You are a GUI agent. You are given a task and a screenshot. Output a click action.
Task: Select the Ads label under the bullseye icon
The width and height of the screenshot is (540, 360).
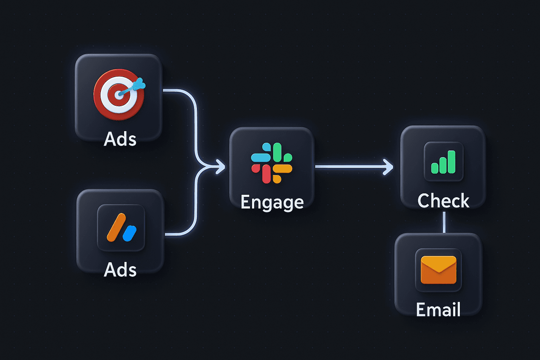[x=120, y=139]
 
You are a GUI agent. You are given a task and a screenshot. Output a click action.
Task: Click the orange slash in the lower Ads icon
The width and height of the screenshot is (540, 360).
[x=116, y=227]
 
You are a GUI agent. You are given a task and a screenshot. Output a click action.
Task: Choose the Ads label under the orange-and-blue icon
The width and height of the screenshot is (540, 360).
[x=120, y=270]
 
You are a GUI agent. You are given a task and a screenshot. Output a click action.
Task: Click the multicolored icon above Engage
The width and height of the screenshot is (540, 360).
[x=271, y=163]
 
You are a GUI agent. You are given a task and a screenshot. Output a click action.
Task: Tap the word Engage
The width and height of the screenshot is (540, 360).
[x=272, y=202]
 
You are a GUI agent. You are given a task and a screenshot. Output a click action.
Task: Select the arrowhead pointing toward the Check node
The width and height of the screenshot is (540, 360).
[x=388, y=167]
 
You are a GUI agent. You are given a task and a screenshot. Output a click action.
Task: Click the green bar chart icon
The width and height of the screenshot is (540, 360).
[x=443, y=162]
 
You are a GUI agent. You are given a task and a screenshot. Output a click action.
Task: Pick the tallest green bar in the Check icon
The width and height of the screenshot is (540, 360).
[x=451, y=162]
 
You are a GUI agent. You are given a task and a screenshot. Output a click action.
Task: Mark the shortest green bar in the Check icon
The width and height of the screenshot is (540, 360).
[x=435, y=168]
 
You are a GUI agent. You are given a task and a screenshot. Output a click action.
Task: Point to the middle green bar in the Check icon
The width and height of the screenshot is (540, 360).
[x=443, y=165]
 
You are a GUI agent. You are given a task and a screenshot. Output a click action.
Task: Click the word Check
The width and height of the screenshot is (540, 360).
[x=443, y=201]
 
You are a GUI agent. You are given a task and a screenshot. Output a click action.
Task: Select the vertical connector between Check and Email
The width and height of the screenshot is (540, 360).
[x=444, y=222]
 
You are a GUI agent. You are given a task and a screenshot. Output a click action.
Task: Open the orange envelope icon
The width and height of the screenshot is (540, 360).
[x=438, y=270]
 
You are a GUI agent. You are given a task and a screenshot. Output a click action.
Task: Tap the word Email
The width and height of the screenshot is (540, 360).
[x=438, y=310]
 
